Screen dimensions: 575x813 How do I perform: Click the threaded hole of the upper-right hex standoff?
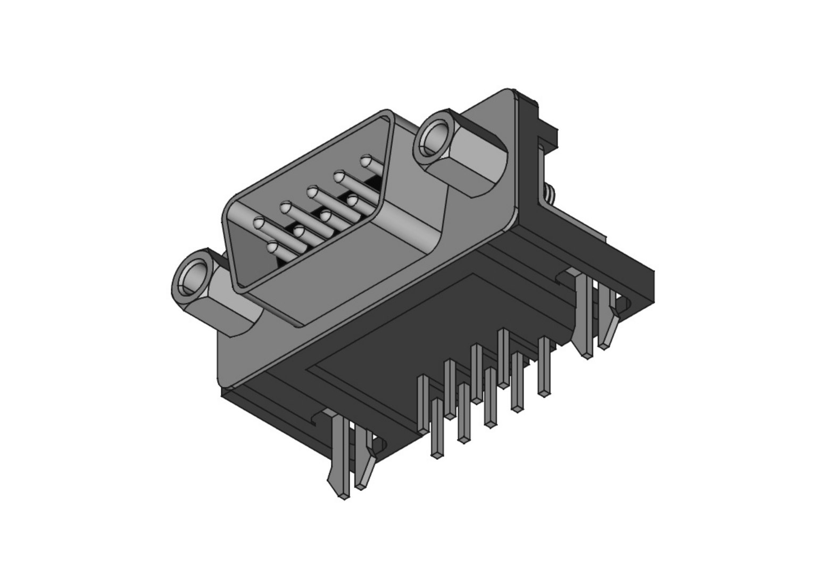[x=435, y=138]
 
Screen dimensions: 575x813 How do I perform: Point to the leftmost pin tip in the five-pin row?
[x=259, y=224]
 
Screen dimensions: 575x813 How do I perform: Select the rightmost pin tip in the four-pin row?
[x=352, y=200]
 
